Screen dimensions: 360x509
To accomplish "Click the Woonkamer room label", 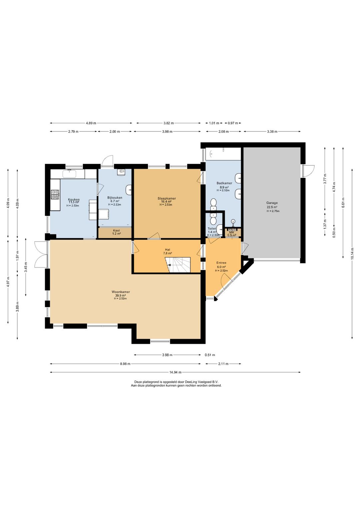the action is [x=121, y=292].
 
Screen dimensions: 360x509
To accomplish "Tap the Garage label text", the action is [x=272, y=203].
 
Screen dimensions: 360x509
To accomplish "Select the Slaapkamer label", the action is [x=167, y=198].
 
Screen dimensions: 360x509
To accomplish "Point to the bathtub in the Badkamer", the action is [x=223, y=154].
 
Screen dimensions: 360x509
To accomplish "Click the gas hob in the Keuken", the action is [x=55, y=195].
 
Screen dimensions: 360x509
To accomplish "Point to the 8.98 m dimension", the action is [x=125, y=364].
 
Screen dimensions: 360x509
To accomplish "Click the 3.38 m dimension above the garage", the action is [x=272, y=131].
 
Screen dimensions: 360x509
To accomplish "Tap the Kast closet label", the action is [x=116, y=230].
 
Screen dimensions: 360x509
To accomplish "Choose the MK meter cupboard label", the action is [x=231, y=232].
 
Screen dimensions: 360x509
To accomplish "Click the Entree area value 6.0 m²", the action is [x=221, y=267].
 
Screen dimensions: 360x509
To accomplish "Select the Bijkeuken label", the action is [x=115, y=198].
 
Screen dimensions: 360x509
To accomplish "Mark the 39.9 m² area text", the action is [x=120, y=296].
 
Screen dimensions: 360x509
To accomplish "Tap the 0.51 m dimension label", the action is [x=210, y=355].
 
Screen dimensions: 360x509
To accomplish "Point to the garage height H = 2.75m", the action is [x=273, y=211].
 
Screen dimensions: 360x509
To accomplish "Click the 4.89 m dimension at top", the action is [x=91, y=123].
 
